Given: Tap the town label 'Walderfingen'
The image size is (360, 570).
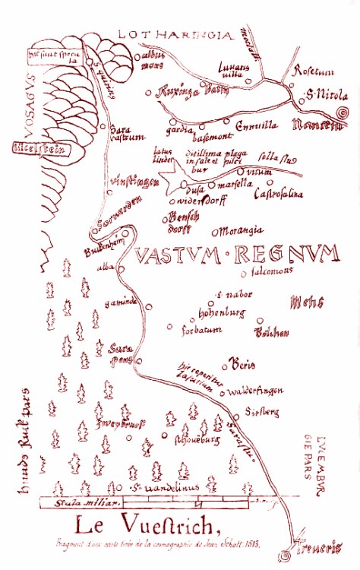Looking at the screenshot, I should [256, 391].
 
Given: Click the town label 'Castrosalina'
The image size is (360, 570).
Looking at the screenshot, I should [278, 195].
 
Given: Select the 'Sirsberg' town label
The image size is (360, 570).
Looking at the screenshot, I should [264, 411].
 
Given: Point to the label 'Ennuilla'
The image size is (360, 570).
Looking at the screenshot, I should [257, 124].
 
